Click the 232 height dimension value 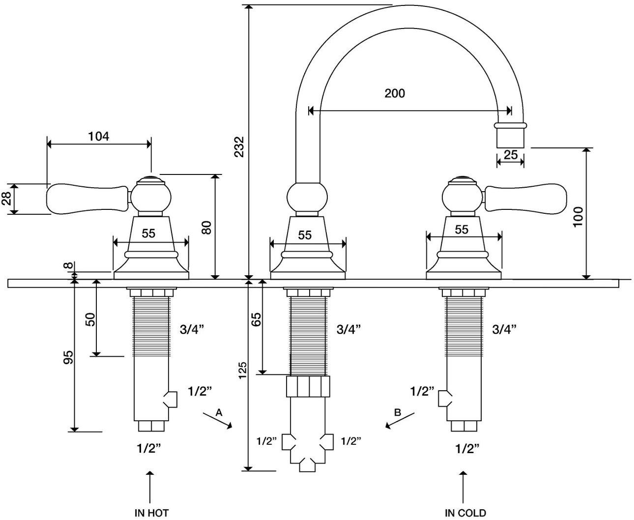[x=239, y=146]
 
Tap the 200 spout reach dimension [x=395, y=93]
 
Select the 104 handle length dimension [x=99, y=136]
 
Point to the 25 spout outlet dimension [x=511, y=155]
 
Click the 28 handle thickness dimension [x=6, y=199]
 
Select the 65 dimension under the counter [x=256, y=319]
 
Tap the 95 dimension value [x=69, y=357]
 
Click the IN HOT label [x=151, y=513]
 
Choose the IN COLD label [x=465, y=513]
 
